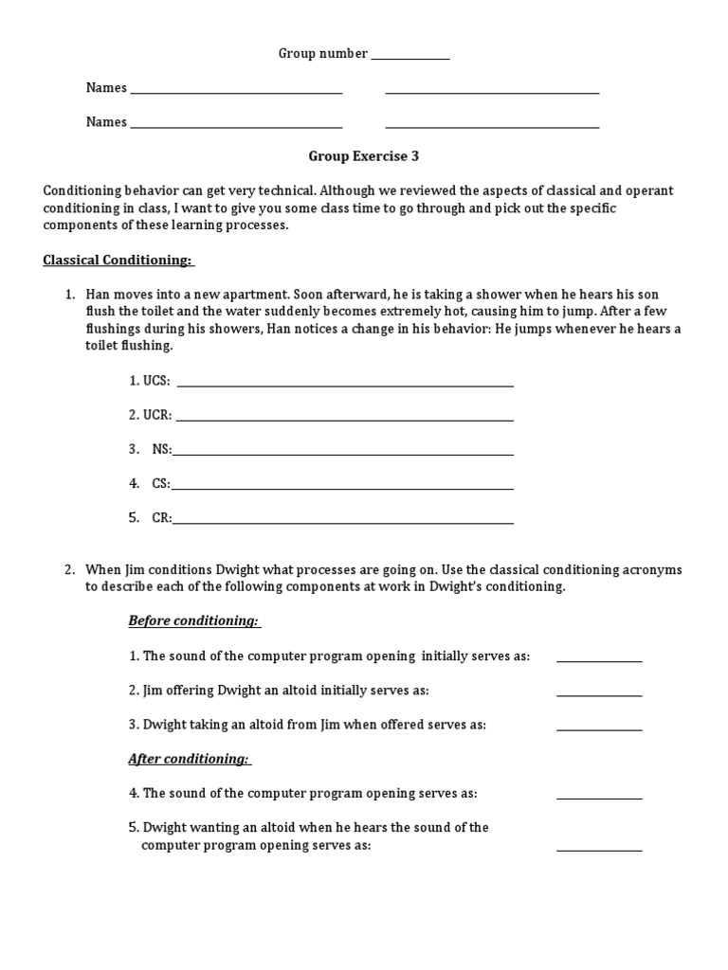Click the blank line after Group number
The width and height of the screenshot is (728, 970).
(409, 58)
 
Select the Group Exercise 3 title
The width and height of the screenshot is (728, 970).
(363, 156)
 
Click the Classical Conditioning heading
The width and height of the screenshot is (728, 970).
(118, 260)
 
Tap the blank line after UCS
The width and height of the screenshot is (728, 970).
(345, 385)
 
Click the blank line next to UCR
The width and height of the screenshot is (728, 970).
(345, 419)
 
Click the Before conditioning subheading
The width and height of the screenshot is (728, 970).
(193, 620)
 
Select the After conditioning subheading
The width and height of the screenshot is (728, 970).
(189, 759)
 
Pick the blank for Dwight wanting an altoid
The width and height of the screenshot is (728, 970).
(598, 849)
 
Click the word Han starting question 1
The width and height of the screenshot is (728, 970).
(98, 295)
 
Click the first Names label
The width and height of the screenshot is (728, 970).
(106, 88)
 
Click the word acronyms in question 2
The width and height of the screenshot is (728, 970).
(651, 569)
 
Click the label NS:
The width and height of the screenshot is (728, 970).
(161, 449)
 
